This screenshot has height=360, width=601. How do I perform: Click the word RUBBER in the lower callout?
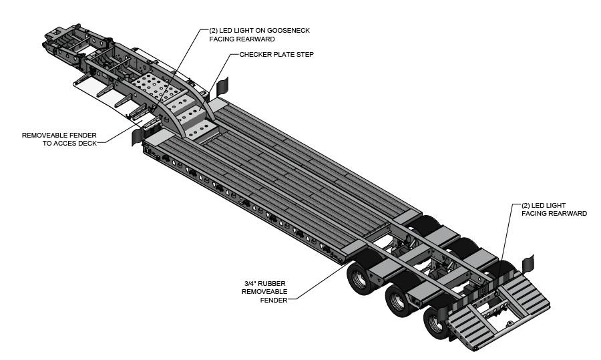[274, 283]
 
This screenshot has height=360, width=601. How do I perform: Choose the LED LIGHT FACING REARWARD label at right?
[554, 209]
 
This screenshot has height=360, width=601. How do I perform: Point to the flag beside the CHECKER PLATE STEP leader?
[222, 85]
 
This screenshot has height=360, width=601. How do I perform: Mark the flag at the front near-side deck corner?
[138, 135]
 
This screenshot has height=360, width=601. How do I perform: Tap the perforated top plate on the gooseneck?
[152, 86]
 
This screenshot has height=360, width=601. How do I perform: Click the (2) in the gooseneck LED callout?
[213, 31]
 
